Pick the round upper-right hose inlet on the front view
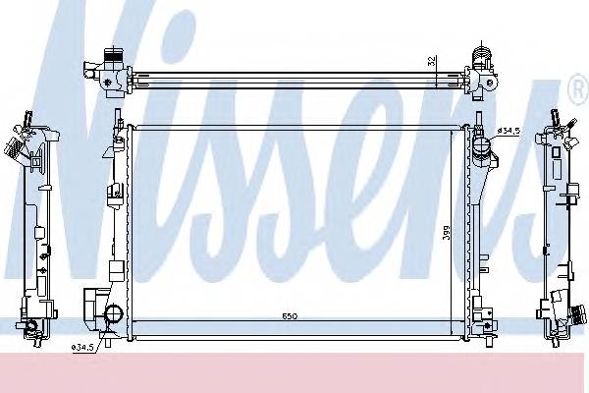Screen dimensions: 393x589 tap(480, 149)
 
